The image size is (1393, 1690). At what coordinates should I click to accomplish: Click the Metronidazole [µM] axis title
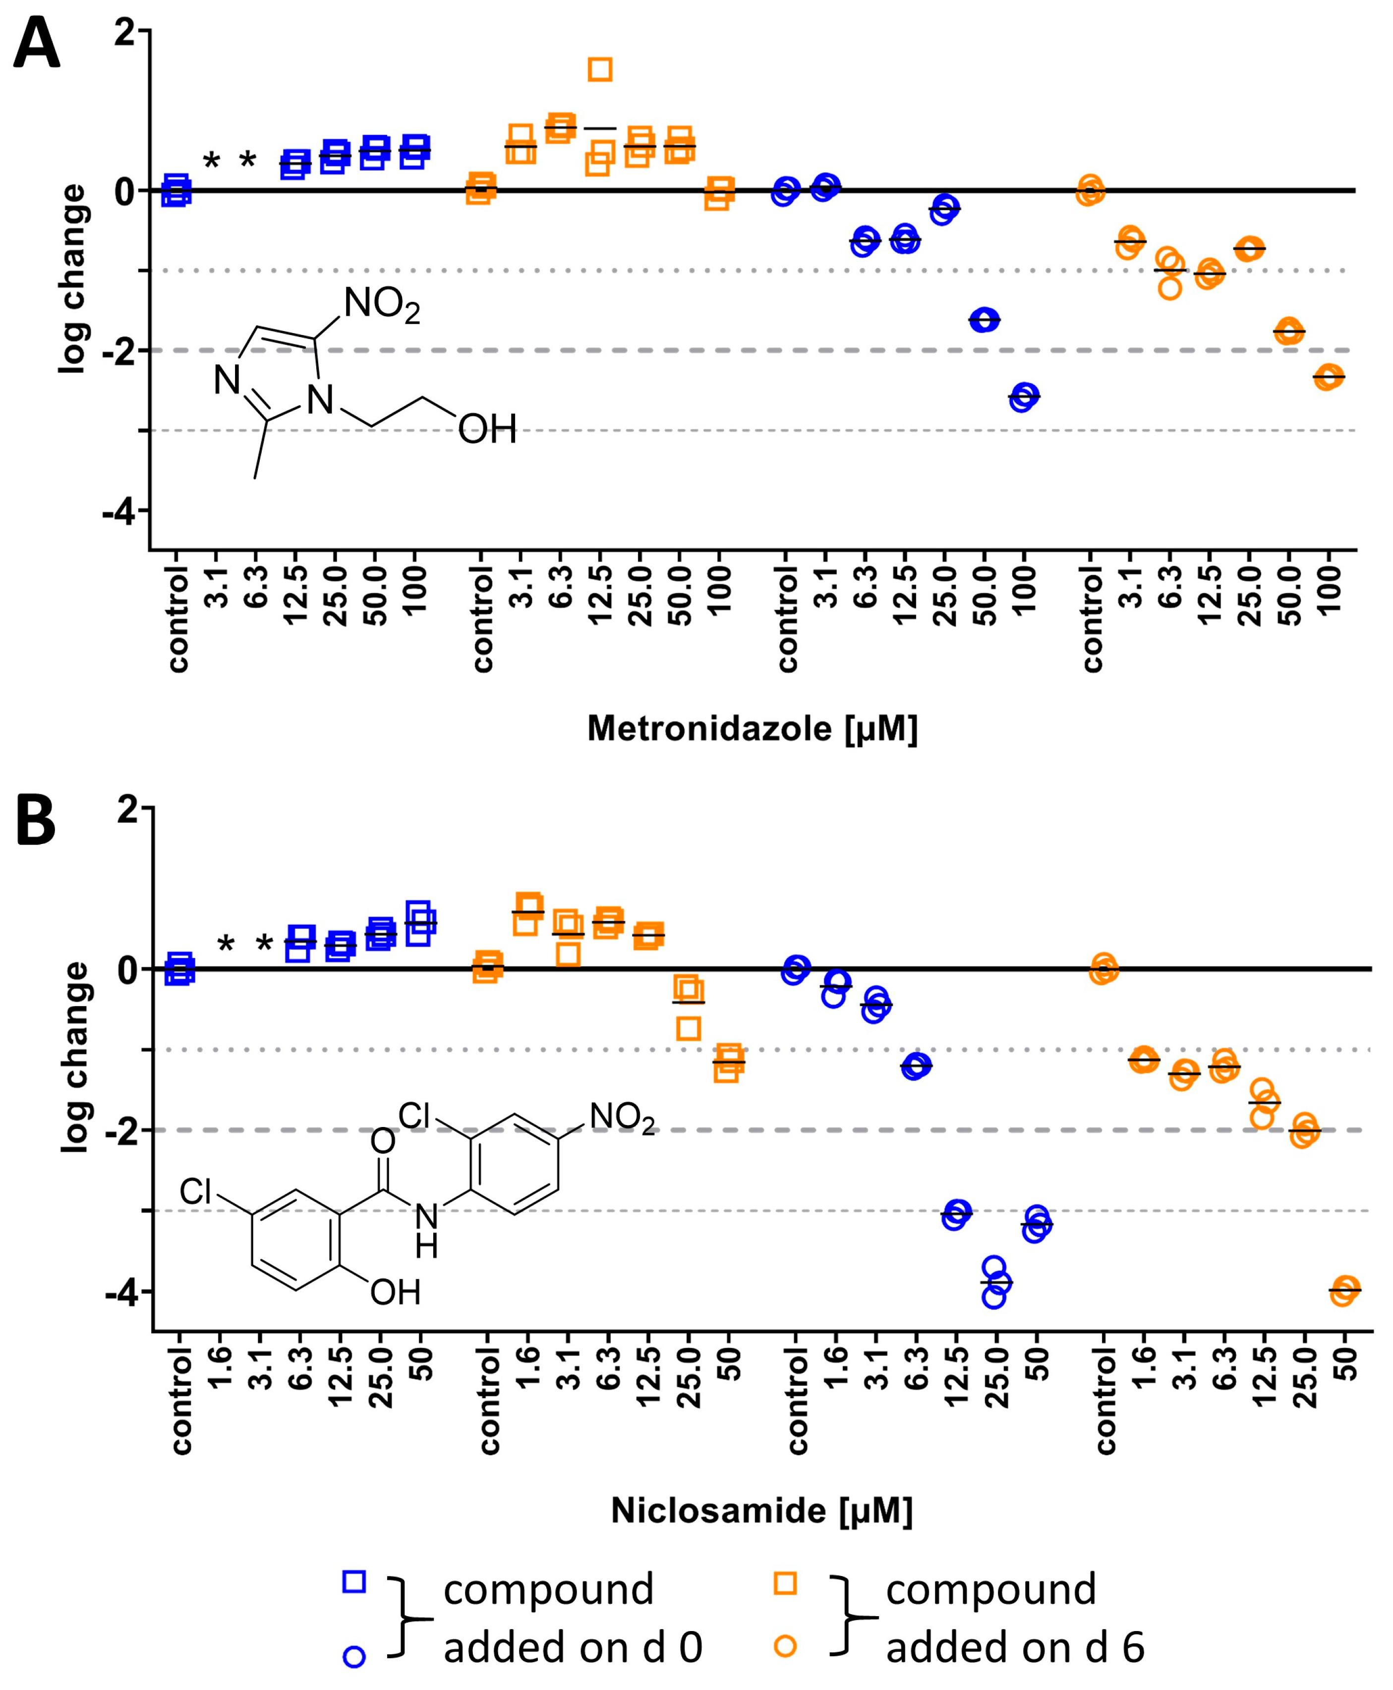(752, 729)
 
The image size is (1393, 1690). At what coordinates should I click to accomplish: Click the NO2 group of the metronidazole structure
(381, 305)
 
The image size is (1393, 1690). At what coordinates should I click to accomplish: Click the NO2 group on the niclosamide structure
(622, 1117)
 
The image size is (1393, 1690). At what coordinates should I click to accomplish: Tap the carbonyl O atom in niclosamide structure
(383, 1141)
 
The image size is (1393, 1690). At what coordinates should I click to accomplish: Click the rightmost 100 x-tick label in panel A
(1329, 590)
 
